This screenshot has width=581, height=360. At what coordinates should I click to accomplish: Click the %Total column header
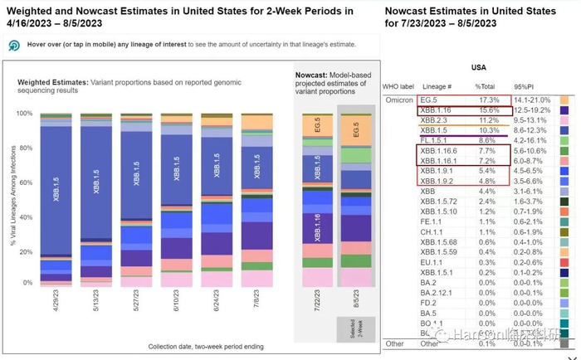coord(486,86)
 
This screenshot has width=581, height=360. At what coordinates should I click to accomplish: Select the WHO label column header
coord(402,86)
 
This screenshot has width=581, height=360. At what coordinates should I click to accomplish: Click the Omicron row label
coord(400,99)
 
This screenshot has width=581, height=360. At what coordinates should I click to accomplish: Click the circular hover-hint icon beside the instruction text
coord(14,46)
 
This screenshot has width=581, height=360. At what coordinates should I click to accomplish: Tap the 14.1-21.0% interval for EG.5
coord(532,99)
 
